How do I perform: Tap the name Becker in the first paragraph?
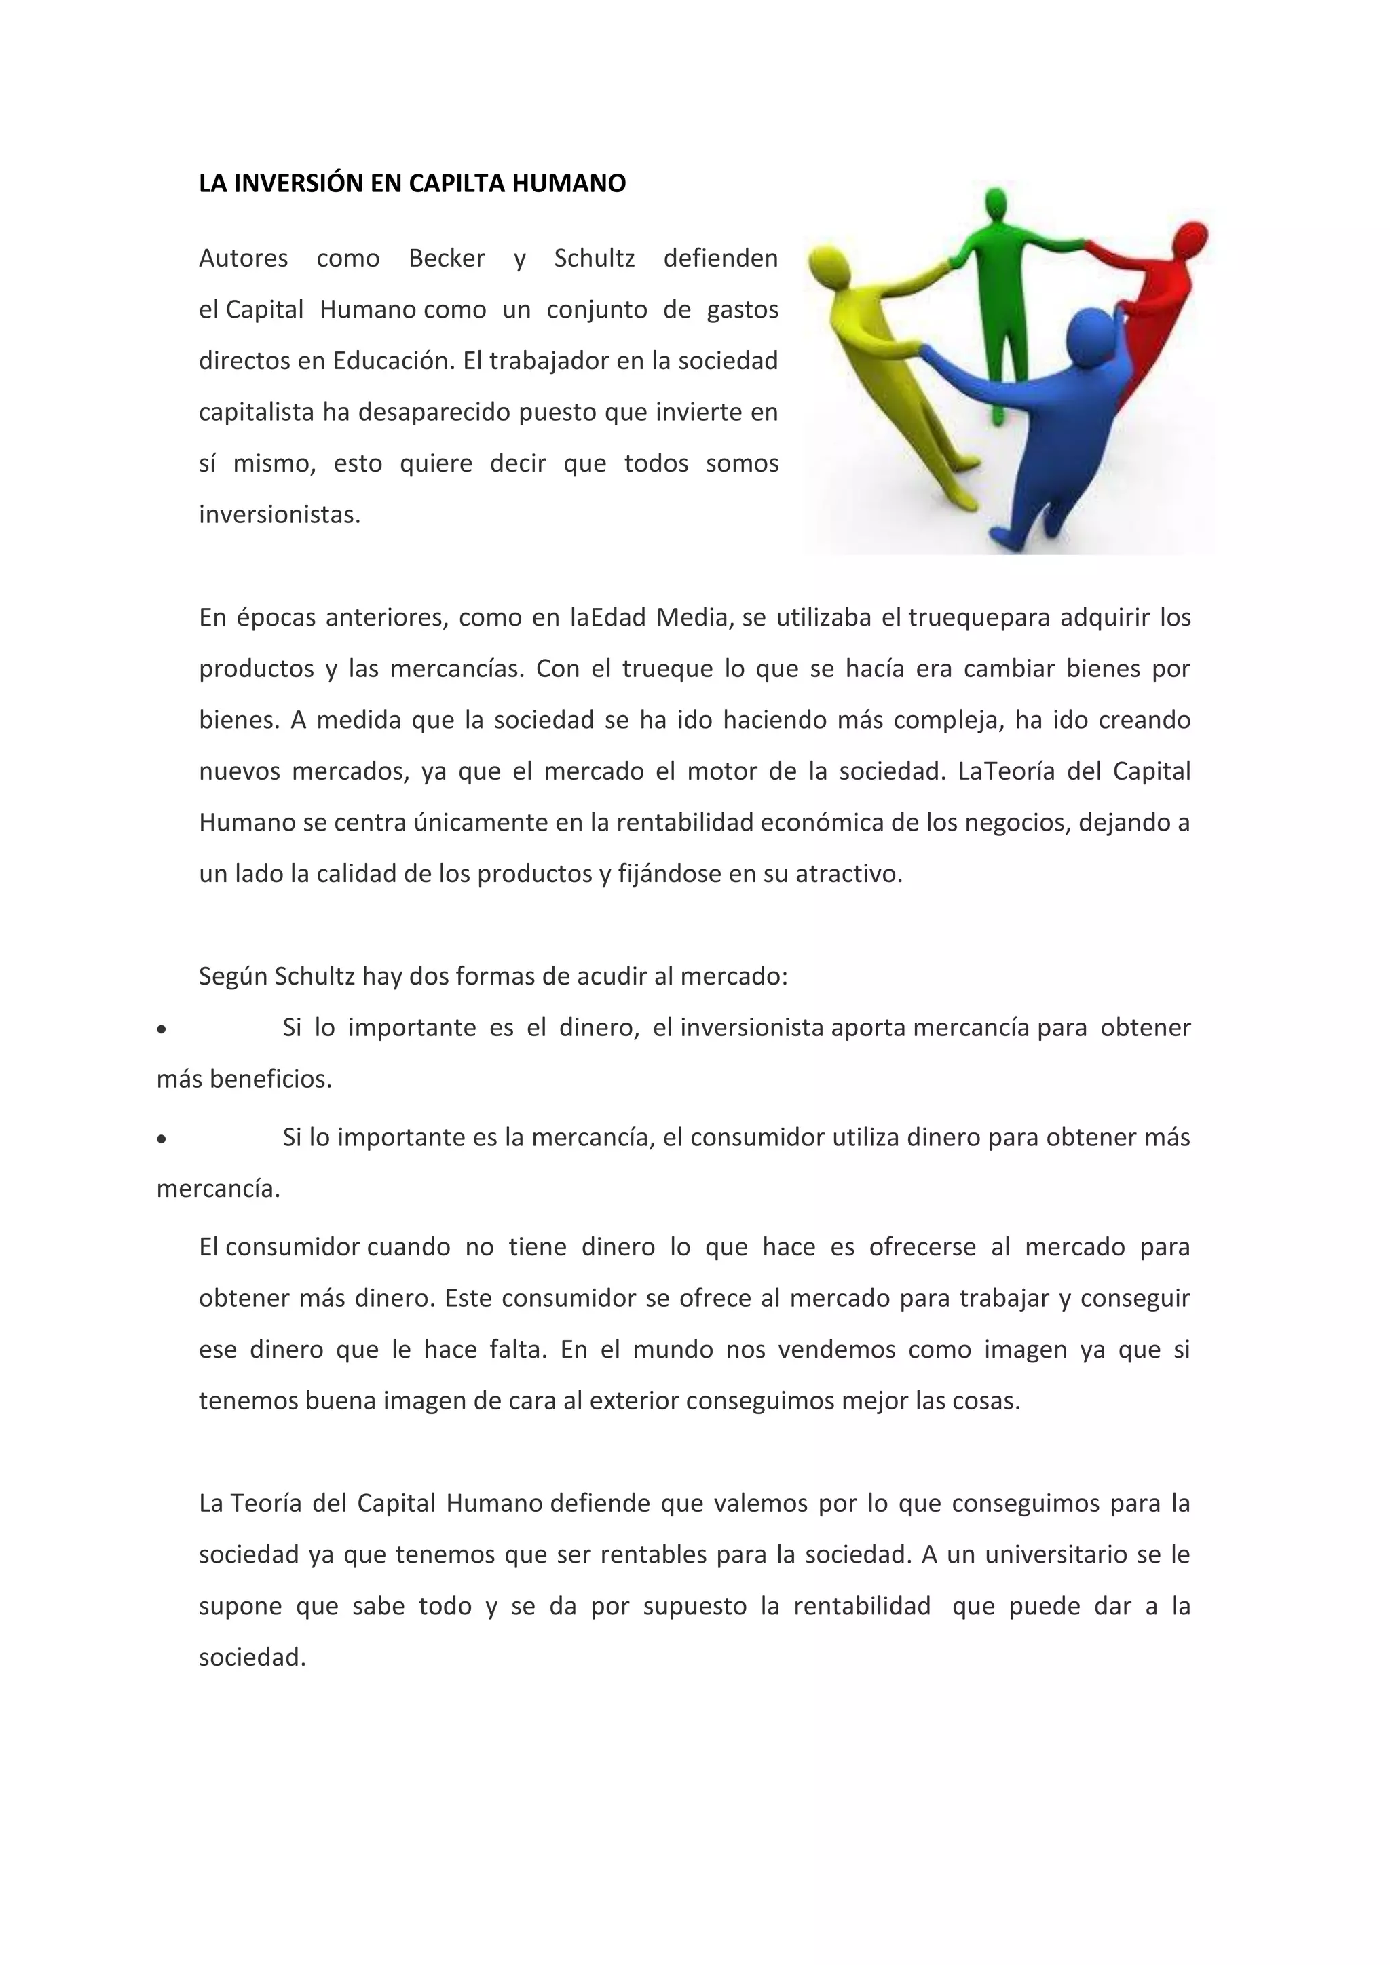pos(447,259)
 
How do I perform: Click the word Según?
pos(233,976)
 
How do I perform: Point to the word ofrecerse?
pos(922,1247)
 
